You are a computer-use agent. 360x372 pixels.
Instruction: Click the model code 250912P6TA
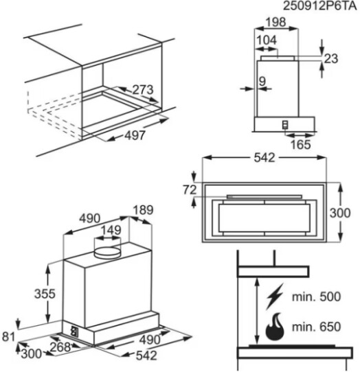coord(320,6)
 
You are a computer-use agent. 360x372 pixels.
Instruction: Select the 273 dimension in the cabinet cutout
coord(143,90)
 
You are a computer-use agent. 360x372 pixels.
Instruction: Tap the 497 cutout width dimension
coord(135,136)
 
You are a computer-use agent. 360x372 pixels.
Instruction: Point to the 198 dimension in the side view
coord(275,22)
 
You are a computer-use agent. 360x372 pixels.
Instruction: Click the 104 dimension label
coord(267,40)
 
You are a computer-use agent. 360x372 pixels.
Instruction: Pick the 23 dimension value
coord(330,58)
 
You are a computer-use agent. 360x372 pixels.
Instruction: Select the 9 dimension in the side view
coord(262,82)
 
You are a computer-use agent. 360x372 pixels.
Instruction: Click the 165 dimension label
coord(301,145)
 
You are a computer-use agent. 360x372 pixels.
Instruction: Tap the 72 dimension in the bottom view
coord(190,190)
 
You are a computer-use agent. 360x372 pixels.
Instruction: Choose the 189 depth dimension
coord(143,210)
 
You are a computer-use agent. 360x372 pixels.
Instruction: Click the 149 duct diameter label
coord(111,230)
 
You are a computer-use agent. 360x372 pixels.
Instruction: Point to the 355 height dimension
coord(45,294)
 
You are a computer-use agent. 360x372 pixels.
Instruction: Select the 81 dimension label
coord(8,336)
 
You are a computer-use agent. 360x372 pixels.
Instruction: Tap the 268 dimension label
coord(60,347)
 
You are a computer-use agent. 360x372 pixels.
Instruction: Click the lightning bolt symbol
coord(275,297)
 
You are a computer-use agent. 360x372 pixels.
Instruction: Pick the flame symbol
coord(275,327)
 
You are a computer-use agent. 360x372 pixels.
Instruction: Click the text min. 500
coord(316,297)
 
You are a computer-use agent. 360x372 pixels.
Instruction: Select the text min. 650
coord(316,327)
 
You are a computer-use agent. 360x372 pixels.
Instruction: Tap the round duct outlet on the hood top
coord(107,252)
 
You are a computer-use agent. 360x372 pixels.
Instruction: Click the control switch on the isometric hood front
coord(75,331)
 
